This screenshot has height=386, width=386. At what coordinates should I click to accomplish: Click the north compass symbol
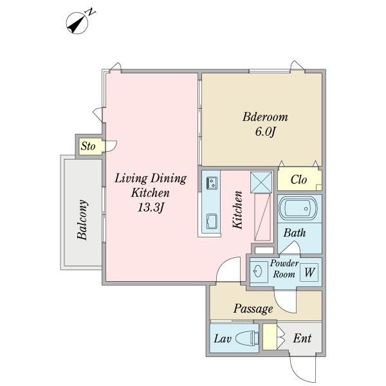tap(77, 23)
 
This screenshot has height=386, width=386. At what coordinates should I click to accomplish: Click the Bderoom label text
tap(265, 117)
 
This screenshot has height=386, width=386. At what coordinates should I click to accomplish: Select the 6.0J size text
tap(264, 131)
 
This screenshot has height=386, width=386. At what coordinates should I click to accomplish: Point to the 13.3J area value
tap(151, 208)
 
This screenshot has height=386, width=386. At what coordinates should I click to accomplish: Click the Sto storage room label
tap(88, 146)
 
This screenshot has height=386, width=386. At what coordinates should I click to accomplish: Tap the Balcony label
tap(82, 219)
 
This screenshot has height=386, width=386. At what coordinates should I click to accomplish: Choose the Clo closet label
tap(299, 179)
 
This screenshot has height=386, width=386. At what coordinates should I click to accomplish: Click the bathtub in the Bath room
tap(298, 208)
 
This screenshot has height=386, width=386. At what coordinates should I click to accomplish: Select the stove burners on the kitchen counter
tap(212, 183)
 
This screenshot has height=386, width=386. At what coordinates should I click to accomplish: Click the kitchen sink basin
tap(212, 221)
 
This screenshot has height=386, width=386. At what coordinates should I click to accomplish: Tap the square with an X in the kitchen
tap(261, 183)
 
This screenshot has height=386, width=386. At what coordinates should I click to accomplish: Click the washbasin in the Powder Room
tap(258, 272)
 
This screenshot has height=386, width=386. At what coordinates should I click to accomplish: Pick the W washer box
tap(309, 273)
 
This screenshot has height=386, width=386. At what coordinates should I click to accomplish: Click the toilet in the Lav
tap(246, 338)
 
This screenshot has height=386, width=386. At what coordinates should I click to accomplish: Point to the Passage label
tap(253, 309)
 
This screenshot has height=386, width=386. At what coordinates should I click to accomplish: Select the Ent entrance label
tap(302, 338)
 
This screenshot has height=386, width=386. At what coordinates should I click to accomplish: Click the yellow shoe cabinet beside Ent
tap(270, 336)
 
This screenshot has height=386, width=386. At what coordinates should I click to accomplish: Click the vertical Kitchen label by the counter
tap(237, 210)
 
